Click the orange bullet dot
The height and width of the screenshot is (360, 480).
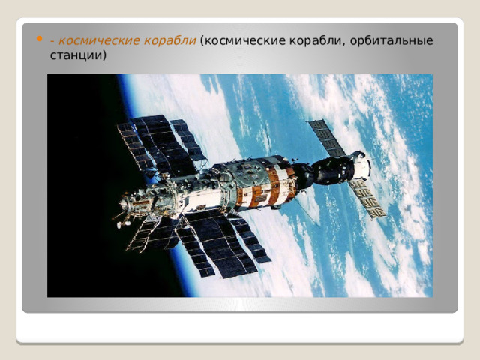(39, 39)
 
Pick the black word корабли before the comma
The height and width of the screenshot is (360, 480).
(315, 41)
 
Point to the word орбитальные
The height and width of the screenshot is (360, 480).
(391, 41)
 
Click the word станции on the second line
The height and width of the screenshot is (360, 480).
(76, 55)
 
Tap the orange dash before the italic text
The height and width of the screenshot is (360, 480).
(52, 41)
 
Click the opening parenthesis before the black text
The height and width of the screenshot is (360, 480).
(202, 41)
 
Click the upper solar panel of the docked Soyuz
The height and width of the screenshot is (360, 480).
(327, 138)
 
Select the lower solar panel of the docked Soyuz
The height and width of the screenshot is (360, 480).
(367, 198)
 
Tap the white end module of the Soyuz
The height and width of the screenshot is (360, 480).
(361, 165)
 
